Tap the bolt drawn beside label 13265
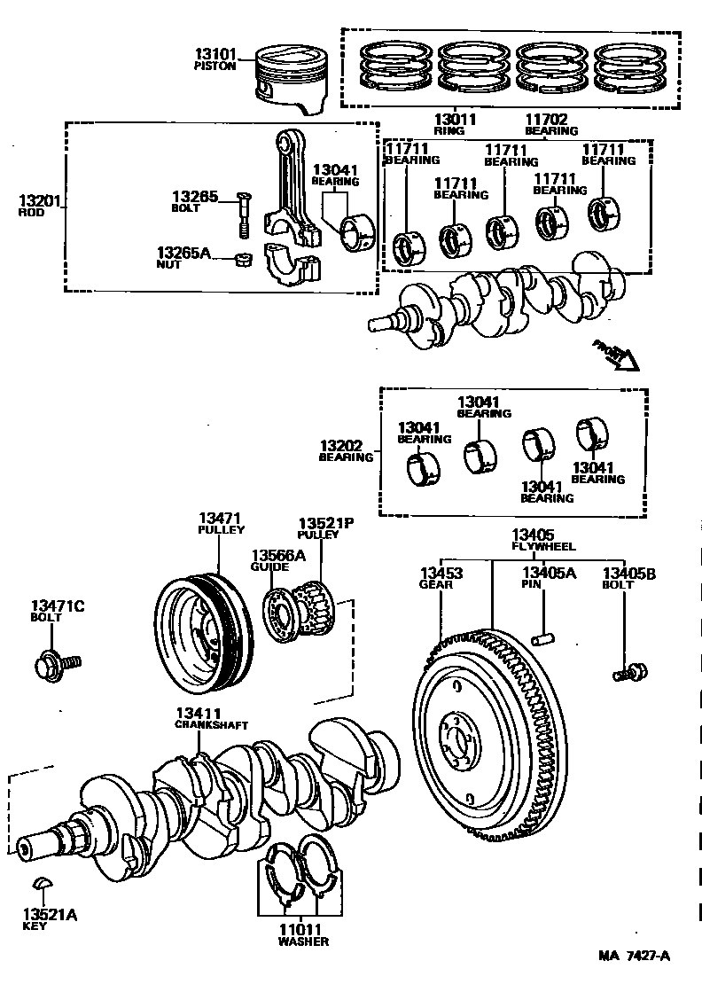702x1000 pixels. [243, 213]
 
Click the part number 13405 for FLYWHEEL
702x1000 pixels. [532, 535]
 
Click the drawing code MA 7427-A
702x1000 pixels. [634, 956]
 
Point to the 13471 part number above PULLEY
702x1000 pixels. [221, 518]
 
